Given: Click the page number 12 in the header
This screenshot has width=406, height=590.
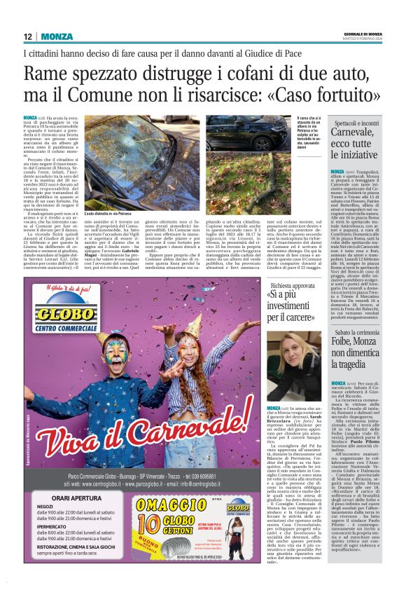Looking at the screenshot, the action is coord(29,36).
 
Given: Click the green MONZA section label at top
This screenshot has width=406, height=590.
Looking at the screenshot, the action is coord(57,36).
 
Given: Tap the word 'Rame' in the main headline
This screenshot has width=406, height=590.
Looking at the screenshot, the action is coord(45,74).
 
